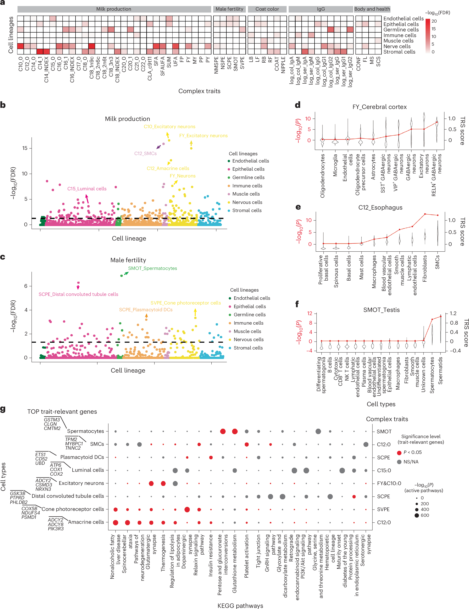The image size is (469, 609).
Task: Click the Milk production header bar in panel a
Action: [114, 9]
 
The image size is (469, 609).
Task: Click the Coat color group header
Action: [267, 9]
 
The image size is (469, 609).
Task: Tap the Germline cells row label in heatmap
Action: [401, 30]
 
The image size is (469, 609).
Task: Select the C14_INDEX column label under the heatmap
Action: [46, 70]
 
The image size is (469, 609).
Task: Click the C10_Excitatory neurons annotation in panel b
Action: [169, 127]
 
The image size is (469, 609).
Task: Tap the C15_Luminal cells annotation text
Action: [87, 189]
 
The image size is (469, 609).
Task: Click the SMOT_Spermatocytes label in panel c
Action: [152, 268]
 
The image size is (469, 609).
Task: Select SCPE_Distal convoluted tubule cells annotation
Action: [78, 294]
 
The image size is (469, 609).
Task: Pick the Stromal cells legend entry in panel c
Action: [248, 348]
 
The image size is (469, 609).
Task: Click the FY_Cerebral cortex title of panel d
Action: [379, 107]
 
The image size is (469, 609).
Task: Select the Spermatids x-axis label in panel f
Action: [440, 371]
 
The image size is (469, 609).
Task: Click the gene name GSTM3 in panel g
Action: [52, 420]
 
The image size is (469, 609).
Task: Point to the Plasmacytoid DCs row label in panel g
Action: [82, 457]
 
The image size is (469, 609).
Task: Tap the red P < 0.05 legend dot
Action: [399, 453]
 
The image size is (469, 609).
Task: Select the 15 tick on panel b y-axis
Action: [25, 148]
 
